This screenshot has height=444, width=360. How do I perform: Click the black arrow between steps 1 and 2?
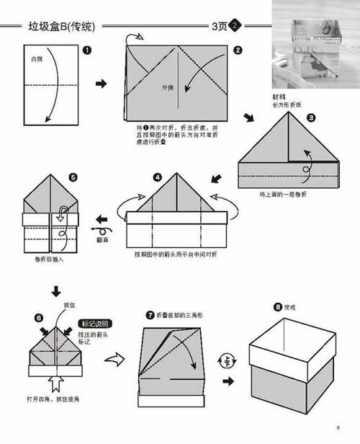point(102,84)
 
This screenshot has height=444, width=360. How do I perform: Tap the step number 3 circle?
point(311,117)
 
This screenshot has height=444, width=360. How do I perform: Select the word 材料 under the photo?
point(279,97)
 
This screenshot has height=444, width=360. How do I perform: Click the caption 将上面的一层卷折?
point(282,194)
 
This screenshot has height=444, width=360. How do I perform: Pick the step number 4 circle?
point(158,176)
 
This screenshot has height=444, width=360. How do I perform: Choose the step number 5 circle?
point(73,176)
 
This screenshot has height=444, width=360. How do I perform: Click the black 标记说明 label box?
point(95,324)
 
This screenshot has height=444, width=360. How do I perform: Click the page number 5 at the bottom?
point(337,430)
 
